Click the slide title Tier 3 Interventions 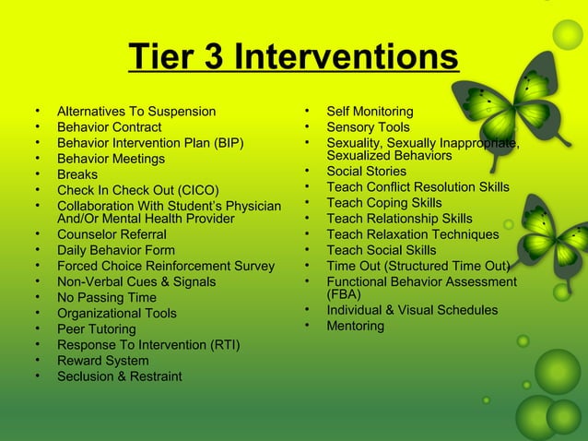coord(293,57)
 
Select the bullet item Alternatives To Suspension coord(136,112)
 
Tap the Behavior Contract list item coord(109,127)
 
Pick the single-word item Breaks coord(77,174)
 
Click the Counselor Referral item coord(112,235)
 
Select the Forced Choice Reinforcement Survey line coord(166,267)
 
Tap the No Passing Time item coord(106,298)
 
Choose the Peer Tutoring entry coord(96,329)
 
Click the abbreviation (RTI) coord(224,345)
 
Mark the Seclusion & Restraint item coord(119,376)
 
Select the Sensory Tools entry coord(368,127)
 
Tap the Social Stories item coord(366,172)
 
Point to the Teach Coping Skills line coord(384,203)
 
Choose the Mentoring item coord(355,326)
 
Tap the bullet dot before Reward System coord(38,361)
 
